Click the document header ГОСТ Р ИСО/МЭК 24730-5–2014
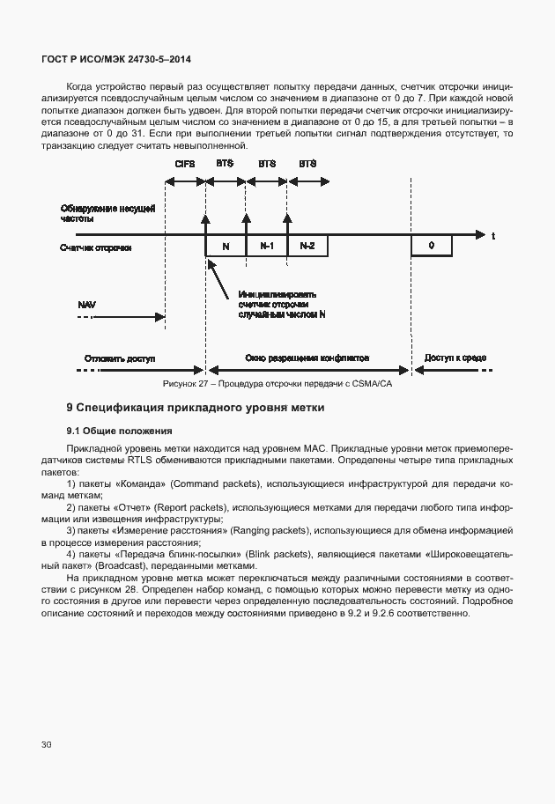click(116, 59)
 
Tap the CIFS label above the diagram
click(184, 165)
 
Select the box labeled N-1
click(266, 246)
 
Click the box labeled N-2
click(307, 246)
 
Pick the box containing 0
click(431, 246)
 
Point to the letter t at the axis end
click(493, 236)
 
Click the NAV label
click(86, 304)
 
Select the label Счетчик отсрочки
click(96, 247)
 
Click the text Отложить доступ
click(120, 359)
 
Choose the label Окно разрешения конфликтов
click(306, 359)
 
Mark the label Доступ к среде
click(455, 359)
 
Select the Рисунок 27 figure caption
click(277, 385)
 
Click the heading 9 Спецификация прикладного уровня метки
click(196, 408)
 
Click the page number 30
click(46, 745)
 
